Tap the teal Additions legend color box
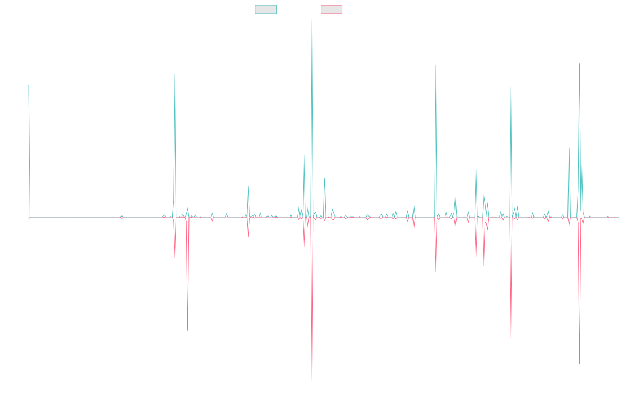[266, 10]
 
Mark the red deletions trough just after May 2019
[188, 330]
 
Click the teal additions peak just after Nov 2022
[436, 66]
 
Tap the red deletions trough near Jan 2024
[511, 338]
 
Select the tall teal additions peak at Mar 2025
[579, 64]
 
